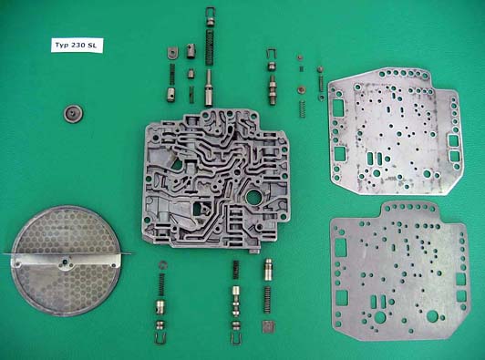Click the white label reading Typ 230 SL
click(77, 46)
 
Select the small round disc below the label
click(74, 114)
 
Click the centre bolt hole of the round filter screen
click(65, 262)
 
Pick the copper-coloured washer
click(300, 90)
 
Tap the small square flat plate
click(268, 327)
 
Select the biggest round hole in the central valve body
click(255, 198)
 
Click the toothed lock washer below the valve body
click(162, 264)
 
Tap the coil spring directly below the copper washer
click(302, 108)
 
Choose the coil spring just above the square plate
click(267, 300)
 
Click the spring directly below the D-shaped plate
click(172, 74)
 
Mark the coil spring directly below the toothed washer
click(161, 285)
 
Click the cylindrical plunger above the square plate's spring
click(268, 270)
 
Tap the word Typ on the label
click(60, 46)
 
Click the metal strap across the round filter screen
click(67, 261)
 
